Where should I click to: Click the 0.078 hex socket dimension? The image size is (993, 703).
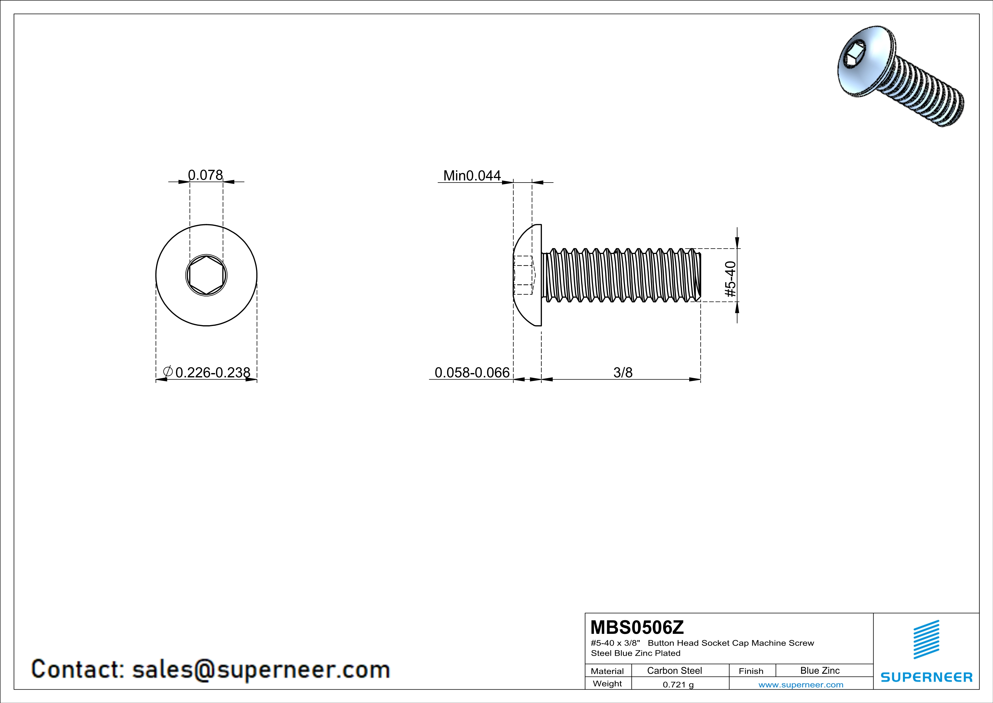(x=206, y=175)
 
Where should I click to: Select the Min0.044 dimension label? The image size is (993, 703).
(x=472, y=176)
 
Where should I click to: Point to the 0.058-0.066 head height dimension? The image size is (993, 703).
(x=472, y=372)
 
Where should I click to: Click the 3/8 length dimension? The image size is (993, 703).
(x=623, y=372)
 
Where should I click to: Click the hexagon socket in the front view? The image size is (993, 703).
(x=206, y=275)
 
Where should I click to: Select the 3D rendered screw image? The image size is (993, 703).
(x=900, y=76)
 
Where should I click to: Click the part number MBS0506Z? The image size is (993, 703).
(x=637, y=627)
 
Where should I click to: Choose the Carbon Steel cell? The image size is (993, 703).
(x=674, y=670)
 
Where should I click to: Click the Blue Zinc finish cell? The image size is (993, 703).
(x=819, y=670)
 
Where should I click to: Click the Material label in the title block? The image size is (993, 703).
(x=607, y=671)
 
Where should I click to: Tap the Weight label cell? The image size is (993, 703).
(x=607, y=683)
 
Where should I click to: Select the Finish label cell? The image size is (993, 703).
(x=751, y=671)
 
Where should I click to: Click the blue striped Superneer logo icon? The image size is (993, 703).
(x=926, y=640)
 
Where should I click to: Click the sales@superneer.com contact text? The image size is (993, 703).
(x=261, y=669)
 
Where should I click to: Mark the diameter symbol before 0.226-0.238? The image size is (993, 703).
(x=168, y=371)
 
